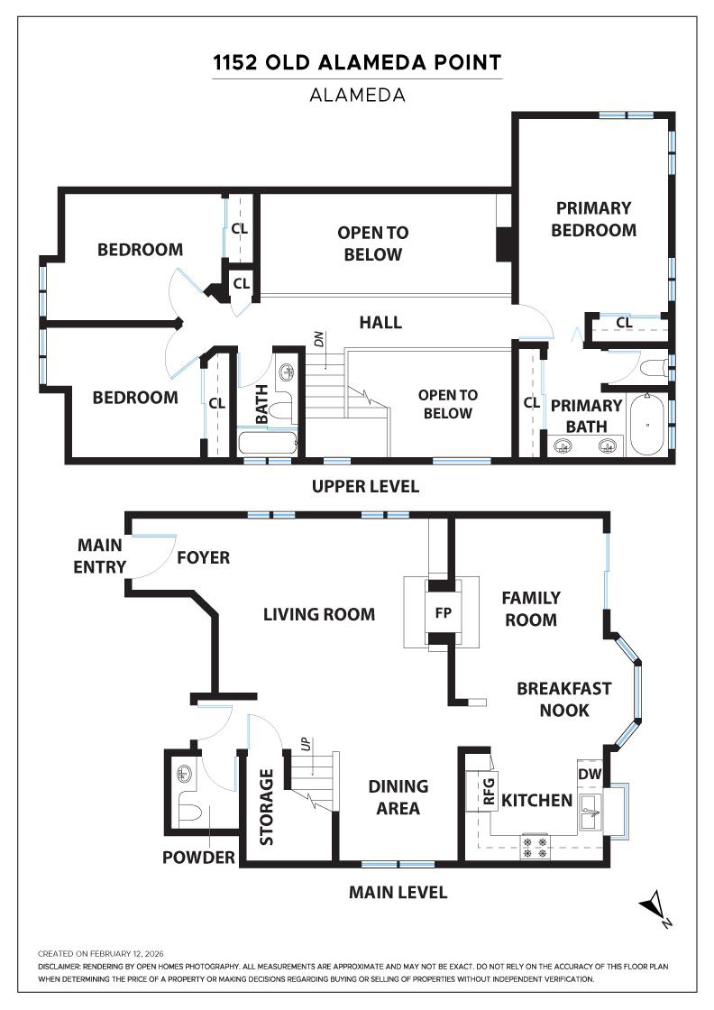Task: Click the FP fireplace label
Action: tap(443, 612)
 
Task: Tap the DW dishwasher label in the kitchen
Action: tap(589, 775)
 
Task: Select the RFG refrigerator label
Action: tap(489, 792)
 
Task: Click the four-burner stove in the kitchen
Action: tap(535, 847)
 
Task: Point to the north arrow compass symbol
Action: tap(655, 907)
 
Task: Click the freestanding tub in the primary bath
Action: tap(647, 425)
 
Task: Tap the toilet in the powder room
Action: tap(189, 813)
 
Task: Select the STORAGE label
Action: tap(266, 806)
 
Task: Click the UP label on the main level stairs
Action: tap(307, 744)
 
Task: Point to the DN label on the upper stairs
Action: tap(319, 339)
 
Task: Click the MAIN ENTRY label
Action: tap(100, 555)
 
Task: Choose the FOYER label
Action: tap(204, 557)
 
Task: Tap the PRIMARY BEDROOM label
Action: tap(593, 219)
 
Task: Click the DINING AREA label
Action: tap(398, 797)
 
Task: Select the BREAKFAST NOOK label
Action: tap(564, 699)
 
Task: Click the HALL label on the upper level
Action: tap(380, 322)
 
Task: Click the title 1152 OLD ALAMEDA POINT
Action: tap(357, 62)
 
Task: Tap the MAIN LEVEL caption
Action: tap(398, 892)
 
